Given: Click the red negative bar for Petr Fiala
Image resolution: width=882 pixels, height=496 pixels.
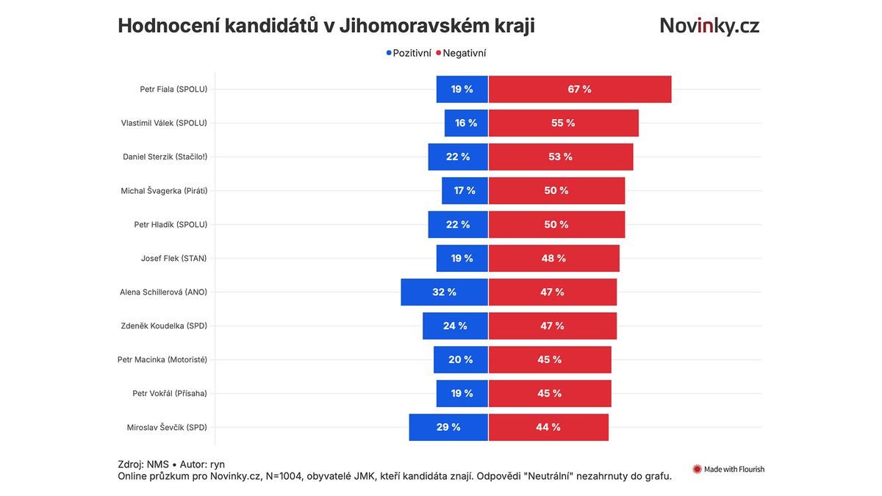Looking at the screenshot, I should click(x=580, y=89).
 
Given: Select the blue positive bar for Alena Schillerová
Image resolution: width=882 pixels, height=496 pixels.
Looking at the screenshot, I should click(x=444, y=292).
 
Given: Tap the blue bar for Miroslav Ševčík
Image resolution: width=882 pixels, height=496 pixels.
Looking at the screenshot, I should click(x=448, y=427).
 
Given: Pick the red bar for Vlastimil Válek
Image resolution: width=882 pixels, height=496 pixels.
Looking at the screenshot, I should click(x=563, y=123).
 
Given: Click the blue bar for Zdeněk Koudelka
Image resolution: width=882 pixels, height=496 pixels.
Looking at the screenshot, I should click(x=455, y=326).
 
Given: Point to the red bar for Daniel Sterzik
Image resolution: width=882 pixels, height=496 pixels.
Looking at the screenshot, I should click(x=561, y=157).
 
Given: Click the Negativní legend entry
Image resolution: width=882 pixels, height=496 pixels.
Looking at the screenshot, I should click(x=461, y=53).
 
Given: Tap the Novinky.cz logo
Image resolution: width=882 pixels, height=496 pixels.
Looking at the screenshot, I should click(x=709, y=26).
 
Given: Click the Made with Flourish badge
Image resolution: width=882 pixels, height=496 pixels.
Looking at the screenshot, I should click(x=728, y=469).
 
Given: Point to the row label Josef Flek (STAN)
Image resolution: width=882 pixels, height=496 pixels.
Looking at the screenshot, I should click(x=173, y=258).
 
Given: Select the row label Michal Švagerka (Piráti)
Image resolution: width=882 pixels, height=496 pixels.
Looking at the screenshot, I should click(x=164, y=190).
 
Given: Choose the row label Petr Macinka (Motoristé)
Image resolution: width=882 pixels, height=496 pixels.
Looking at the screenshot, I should click(x=162, y=359).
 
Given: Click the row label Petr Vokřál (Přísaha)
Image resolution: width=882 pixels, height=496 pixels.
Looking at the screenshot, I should click(x=169, y=393).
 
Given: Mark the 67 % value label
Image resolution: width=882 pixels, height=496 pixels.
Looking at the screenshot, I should click(x=579, y=89).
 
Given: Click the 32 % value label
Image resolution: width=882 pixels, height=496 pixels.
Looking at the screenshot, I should click(x=444, y=292).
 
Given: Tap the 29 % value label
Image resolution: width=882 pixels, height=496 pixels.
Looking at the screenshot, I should click(x=448, y=427).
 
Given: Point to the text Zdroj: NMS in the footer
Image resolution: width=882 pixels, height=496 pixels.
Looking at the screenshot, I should click(x=143, y=464).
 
